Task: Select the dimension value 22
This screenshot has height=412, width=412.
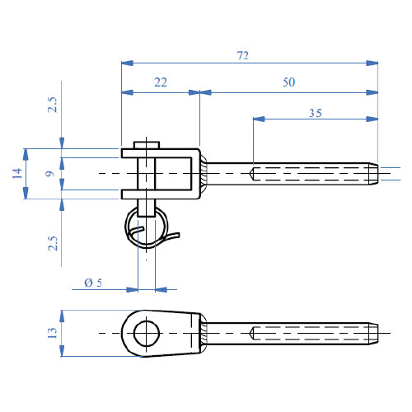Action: pos(160,82)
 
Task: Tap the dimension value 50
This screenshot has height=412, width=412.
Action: pos(288,82)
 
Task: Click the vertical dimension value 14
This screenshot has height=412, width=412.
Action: pos(16,173)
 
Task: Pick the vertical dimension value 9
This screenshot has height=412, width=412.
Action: pos(49,173)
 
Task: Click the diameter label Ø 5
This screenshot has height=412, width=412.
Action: pos(94,283)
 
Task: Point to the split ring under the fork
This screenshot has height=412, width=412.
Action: pos(147,227)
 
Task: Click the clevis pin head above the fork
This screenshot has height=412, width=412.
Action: pos(147,143)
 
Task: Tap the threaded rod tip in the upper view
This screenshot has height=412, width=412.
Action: pos(376,173)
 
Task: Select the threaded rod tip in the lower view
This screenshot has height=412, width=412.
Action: pos(376,334)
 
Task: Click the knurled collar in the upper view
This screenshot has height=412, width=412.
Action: pos(203,173)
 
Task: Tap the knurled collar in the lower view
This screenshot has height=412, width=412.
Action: pos(203,334)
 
